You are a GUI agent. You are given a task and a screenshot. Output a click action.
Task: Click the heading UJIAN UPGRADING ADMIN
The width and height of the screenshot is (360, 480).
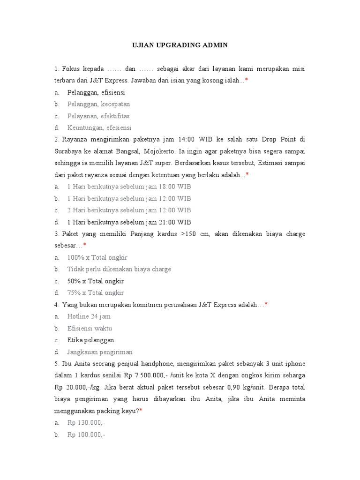click(x=180, y=45)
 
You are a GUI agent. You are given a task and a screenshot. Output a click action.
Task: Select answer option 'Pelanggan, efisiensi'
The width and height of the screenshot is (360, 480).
click(x=96, y=92)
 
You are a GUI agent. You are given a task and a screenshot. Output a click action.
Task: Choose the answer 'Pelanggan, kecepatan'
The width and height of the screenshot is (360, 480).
click(x=98, y=104)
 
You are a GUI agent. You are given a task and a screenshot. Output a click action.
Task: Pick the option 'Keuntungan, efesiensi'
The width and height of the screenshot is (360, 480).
click(x=99, y=127)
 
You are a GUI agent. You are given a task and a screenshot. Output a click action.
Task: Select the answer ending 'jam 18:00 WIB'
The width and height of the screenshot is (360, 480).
click(x=129, y=187)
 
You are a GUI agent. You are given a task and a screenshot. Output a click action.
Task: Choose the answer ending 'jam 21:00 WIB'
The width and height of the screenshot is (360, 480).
click(x=129, y=222)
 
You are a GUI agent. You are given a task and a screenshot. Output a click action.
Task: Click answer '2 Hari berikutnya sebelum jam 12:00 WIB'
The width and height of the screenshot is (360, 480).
click(x=129, y=210)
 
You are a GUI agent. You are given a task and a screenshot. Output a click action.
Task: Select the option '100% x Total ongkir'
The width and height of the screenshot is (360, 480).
click(x=97, y=257)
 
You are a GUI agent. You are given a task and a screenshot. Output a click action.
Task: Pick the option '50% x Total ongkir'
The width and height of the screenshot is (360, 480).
click(x=95, y=281)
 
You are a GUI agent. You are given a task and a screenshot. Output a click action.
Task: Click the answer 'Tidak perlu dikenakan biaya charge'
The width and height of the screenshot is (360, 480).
click(x=119, y=270)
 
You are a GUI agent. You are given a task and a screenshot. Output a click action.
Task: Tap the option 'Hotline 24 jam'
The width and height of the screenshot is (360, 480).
click(x=89, y=316)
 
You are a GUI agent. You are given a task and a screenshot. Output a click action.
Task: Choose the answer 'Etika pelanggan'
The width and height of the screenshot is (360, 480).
click(x=90, y=340)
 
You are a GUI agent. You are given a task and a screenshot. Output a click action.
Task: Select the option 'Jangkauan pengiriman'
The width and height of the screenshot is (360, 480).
click(x=100, y=352)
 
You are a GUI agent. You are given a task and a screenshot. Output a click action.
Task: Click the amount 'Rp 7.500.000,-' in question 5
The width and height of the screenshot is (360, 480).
click(x=155, y=375)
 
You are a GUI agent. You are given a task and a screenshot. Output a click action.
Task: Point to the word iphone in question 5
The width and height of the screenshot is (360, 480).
click(x=294, y=364)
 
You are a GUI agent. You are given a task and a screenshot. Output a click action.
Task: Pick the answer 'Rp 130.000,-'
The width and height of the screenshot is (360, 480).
click(x=86, y=422)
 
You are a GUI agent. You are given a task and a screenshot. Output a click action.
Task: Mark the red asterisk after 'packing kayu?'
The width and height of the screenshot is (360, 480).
click(x=141, y=411)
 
